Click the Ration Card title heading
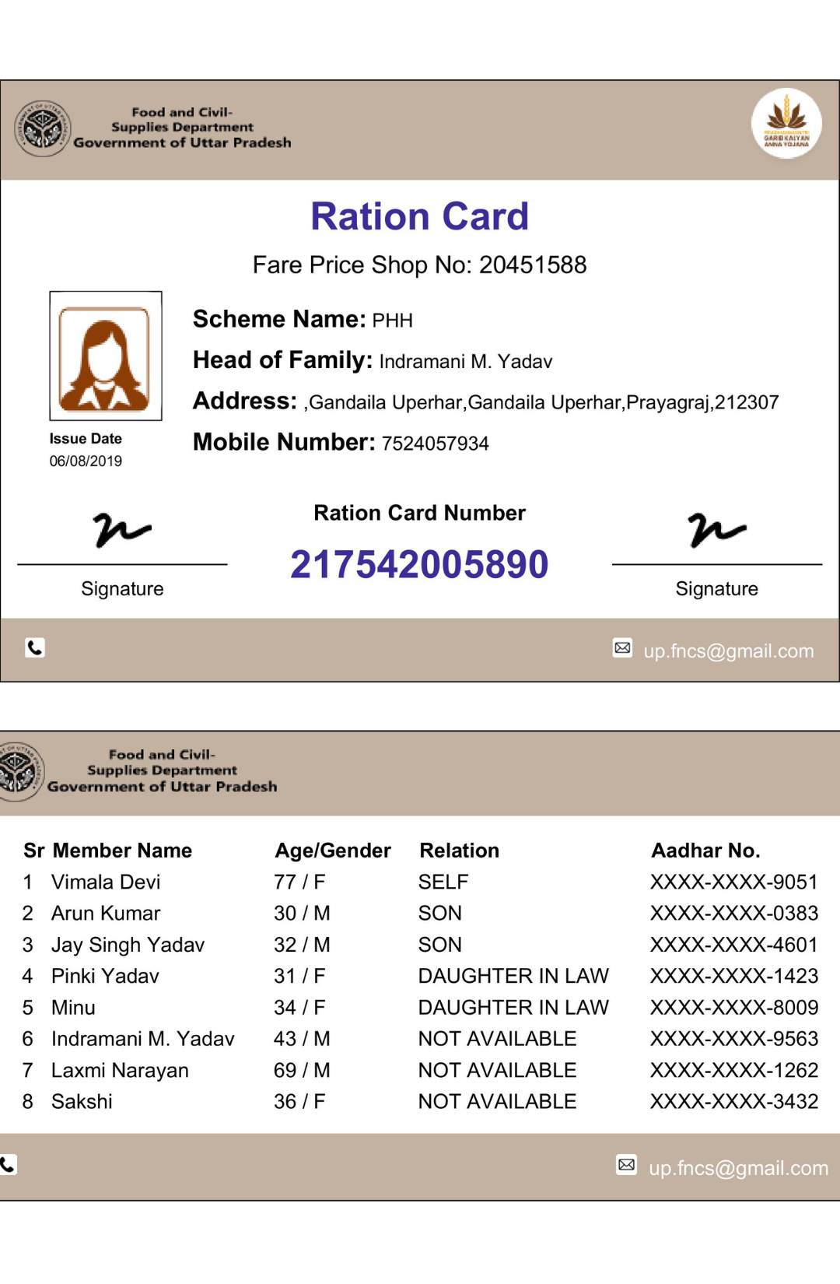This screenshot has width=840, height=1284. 419,216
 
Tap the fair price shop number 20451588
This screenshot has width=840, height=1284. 532,265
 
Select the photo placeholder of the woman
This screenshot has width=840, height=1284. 105,356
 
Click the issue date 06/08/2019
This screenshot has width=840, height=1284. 86,461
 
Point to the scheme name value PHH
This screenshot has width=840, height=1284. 392,321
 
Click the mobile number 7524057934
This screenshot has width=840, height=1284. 435,444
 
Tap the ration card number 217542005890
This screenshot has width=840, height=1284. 419,564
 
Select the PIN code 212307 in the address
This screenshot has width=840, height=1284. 747,402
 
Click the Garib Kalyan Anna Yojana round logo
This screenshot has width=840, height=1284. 786,124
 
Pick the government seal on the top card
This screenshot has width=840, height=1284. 43,128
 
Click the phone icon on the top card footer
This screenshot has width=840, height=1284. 35,647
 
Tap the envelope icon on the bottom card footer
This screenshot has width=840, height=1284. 626,1164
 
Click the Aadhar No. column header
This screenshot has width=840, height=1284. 705,851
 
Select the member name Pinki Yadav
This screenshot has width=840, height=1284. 105,976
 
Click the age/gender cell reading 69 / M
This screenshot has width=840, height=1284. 302,1070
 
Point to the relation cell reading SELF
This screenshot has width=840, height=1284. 443,882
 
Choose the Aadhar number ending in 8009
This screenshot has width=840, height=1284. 733,1007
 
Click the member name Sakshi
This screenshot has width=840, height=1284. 82,1101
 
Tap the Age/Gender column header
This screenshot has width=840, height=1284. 333,851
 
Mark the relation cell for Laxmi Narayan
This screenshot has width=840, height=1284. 497,1070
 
